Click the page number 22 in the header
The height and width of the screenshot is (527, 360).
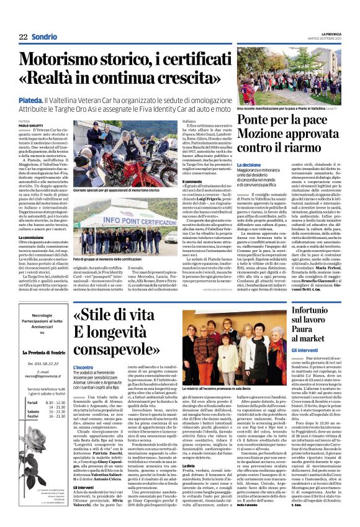24,37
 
